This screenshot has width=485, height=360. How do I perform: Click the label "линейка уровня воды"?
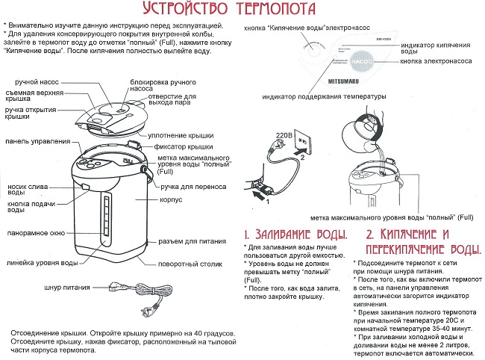tap(41, 263)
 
